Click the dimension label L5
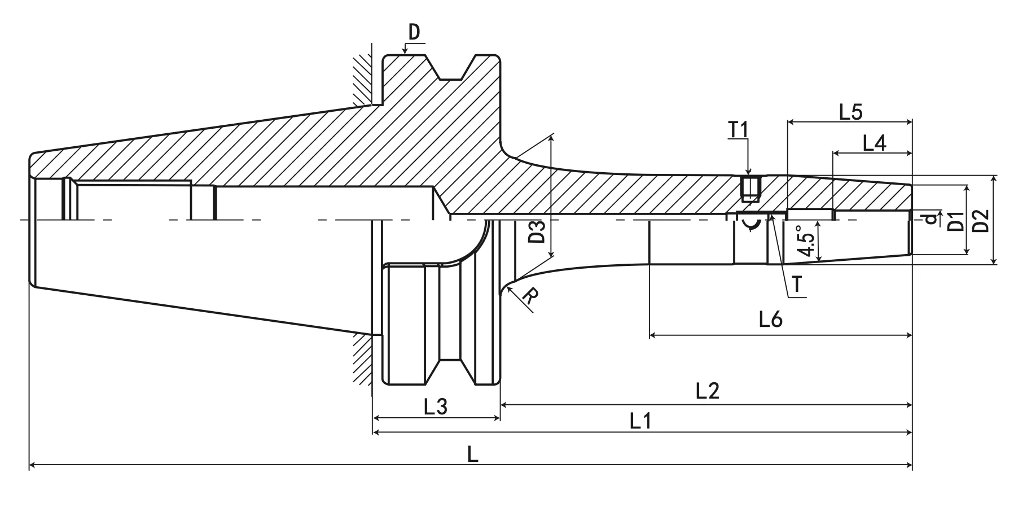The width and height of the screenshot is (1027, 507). pos(850,112)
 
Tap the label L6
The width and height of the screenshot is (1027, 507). pos(770,320)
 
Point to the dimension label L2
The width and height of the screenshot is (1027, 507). pos(707,390)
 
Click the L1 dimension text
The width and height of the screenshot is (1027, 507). pos(640,421)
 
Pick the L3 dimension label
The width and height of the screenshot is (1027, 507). pos(435,407)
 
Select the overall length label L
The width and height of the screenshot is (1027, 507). pos(472,453)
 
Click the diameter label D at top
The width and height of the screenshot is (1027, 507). pos(414,33)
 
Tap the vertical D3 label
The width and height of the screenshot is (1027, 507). pos(538,231)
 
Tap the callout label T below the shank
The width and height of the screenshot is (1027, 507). pos(797,285)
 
